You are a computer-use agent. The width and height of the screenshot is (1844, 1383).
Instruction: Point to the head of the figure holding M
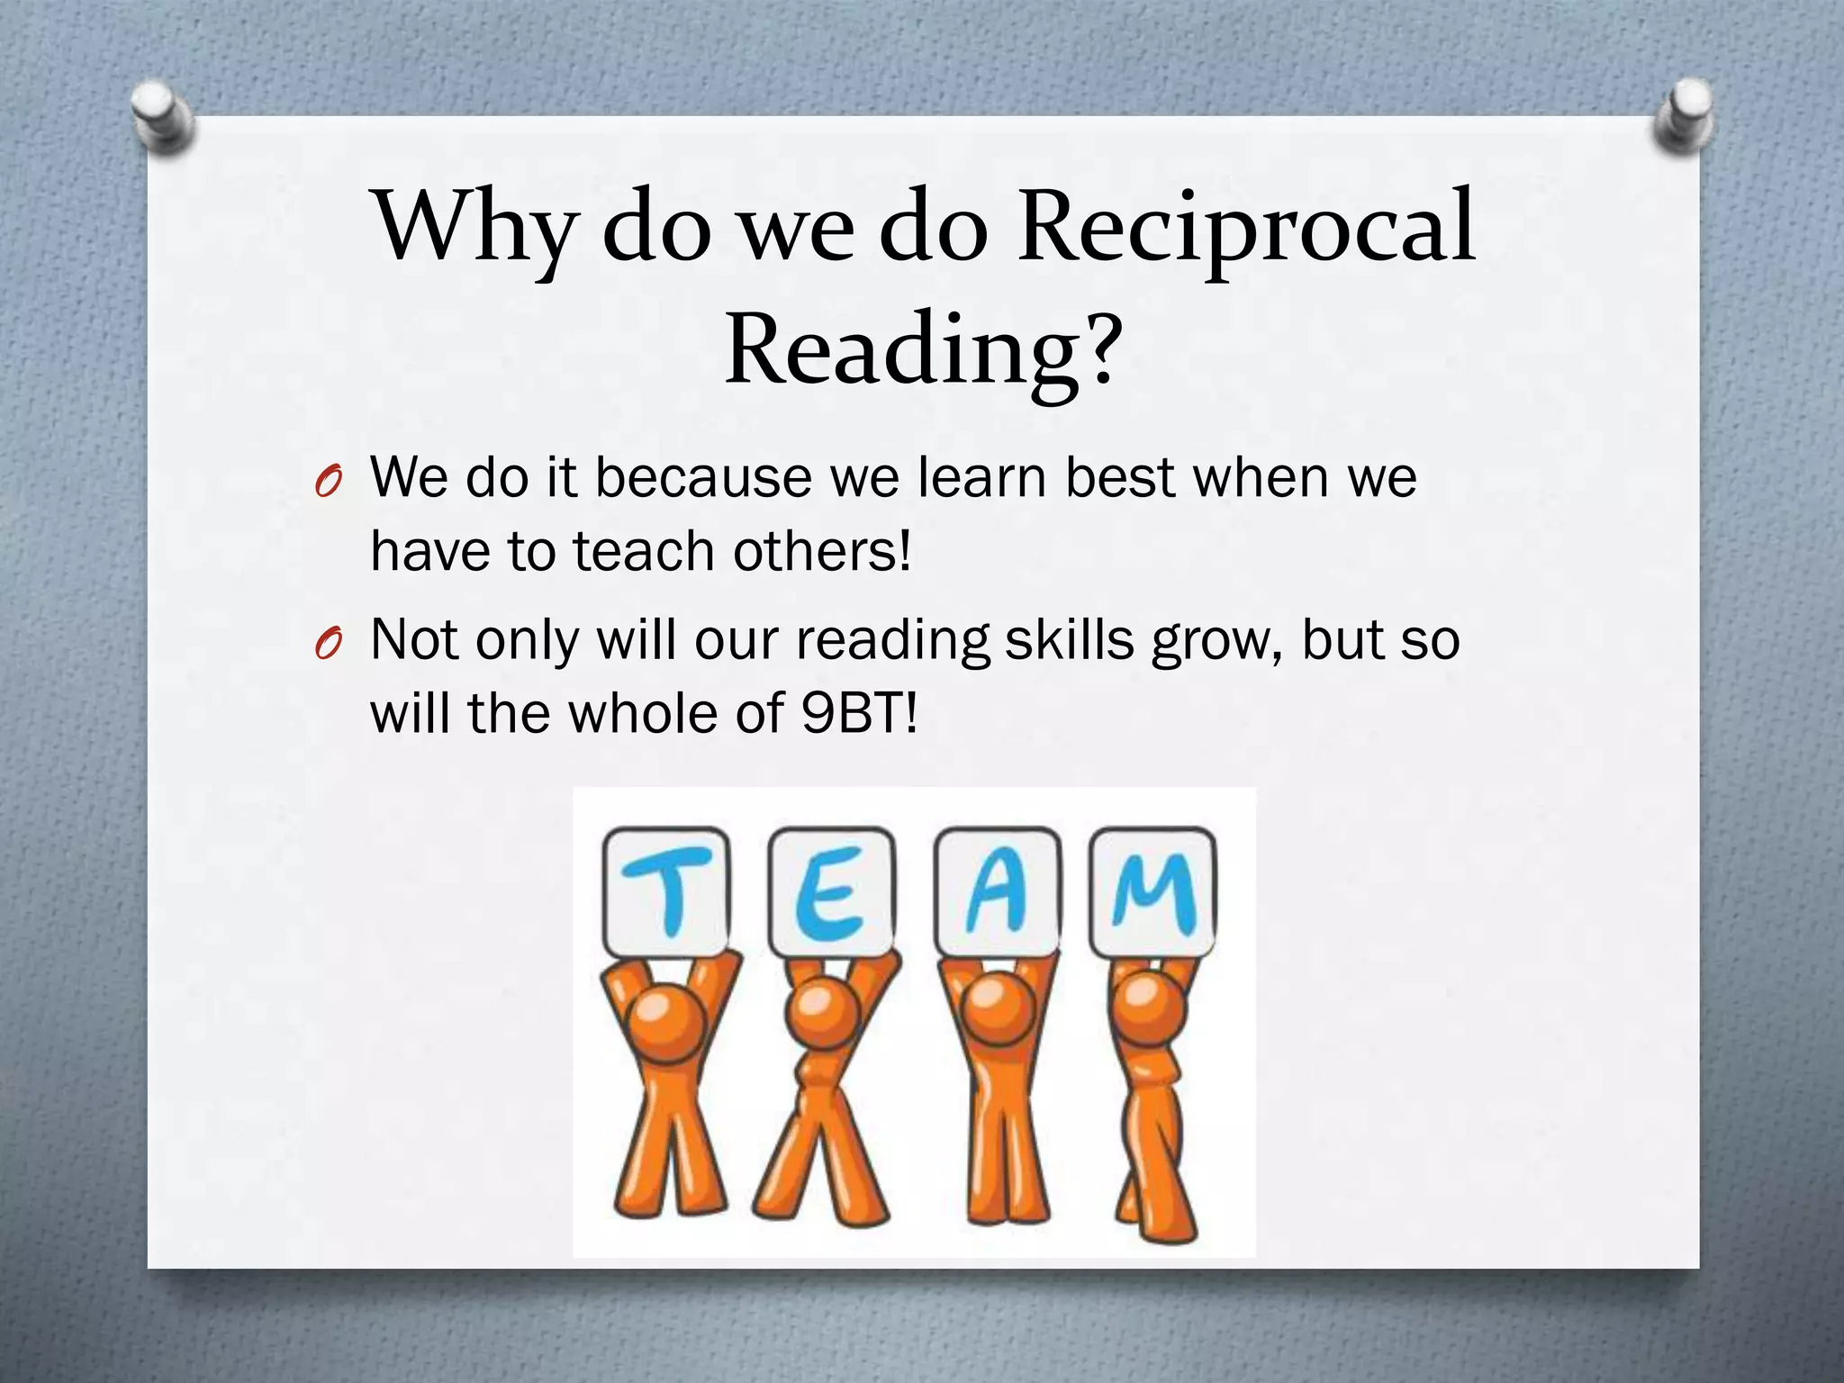(1149, 1012)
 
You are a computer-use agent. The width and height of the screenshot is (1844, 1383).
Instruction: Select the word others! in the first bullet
(822, 551)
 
